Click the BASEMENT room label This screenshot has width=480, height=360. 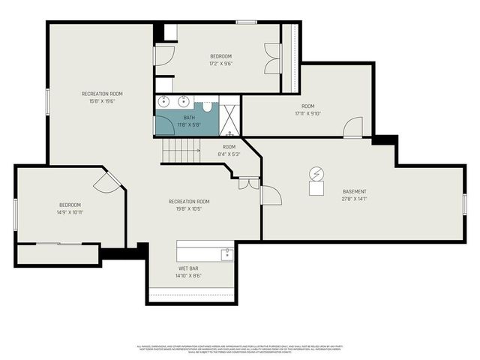[x=354, y=191]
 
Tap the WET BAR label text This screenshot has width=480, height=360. [x=188, y=268]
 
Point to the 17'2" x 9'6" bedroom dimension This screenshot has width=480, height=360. [x=220, y=64]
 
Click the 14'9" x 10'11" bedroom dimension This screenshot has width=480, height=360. [x=70, y=212]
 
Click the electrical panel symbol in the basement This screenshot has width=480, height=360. [x=316, y=174]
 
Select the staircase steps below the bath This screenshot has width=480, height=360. [x=180, y=151]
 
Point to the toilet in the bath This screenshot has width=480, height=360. [x=207, y=106]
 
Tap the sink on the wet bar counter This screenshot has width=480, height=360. [x=226, y=255]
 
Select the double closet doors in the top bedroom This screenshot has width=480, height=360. [x=272, y=58]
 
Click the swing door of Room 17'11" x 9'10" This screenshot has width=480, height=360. [x=352, y=129]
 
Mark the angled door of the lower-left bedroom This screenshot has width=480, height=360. [x=106, y=181]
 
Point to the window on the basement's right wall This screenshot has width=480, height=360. [x=464, y=203]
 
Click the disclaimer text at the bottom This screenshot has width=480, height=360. [x=239, y=349]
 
